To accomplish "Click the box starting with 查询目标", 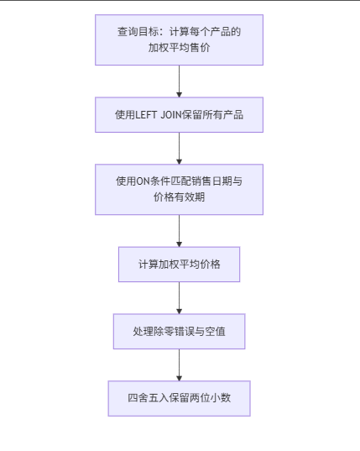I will (x=179, y=39).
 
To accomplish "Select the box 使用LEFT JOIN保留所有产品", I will (x=179, y=115).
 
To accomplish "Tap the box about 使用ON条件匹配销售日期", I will (x=179, y=189).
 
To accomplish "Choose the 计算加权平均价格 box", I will (x=179, y=264).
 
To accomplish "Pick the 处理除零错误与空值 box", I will (x=179, y=332).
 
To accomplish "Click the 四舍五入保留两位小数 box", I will (x=179, y=398).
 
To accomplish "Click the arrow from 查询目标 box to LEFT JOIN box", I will (x=179, y=81).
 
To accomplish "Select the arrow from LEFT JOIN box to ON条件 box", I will (x=179, y=148).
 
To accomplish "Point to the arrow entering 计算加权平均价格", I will (x=179, y=230).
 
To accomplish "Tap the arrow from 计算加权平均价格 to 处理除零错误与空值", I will (x=179, y=298).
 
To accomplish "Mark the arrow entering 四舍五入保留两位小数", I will (x=179, y=365).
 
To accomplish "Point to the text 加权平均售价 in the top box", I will (x=179, y=48).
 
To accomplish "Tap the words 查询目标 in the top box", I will (x=138, y=32).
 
